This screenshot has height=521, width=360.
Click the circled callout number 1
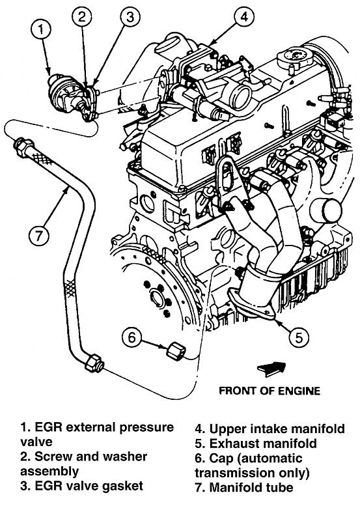click(x=41, y=30)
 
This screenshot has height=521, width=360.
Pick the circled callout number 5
click(x=299, y=337)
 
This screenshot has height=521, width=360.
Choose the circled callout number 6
click(x=132, y=337)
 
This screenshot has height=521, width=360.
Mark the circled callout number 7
click(x=39, y=236)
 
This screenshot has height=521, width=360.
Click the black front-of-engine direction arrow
click(x=271, y=369)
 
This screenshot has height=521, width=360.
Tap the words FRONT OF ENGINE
click(x=270, y=391)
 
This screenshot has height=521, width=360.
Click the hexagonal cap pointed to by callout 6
click(x=176, y=351)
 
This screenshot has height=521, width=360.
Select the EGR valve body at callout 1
click(x=66, y=91)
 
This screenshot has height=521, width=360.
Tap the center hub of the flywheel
click(x=156, y=297)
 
